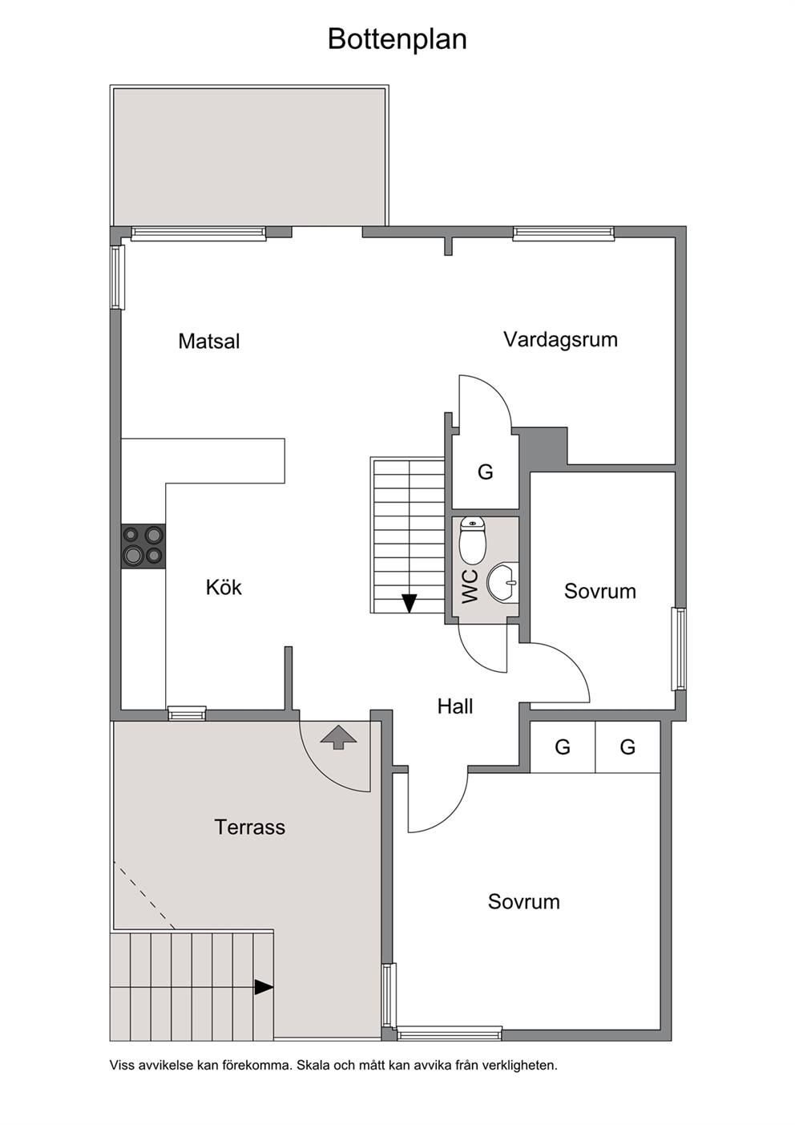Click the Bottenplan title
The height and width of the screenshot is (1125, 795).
pos(397,39)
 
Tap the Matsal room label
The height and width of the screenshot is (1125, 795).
pos(209,342)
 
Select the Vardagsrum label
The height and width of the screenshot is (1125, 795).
pos(561,340)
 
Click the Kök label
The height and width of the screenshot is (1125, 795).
pos(224,587)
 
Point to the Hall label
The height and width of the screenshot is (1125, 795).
pos(455,706)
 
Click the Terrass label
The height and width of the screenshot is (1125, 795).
pos(250,828)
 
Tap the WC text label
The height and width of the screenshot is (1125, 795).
pos(470,587)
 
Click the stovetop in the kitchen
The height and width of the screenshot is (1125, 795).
pos(143,546)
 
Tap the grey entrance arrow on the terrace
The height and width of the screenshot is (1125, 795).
pos(339,737)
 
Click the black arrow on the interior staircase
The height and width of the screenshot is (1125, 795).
pos(410,603)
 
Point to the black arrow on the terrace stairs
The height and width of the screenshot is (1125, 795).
pos(264,987)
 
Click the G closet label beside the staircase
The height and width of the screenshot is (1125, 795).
pos(486,472)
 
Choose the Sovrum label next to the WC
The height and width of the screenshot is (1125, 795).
pos(600,591)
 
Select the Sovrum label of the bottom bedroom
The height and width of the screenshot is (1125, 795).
pos(524,901)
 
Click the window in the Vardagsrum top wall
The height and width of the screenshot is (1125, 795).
pos(563,233)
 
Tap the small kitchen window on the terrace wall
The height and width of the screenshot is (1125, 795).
pos(187,714)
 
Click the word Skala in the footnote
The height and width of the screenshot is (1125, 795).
pos(313,1065)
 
